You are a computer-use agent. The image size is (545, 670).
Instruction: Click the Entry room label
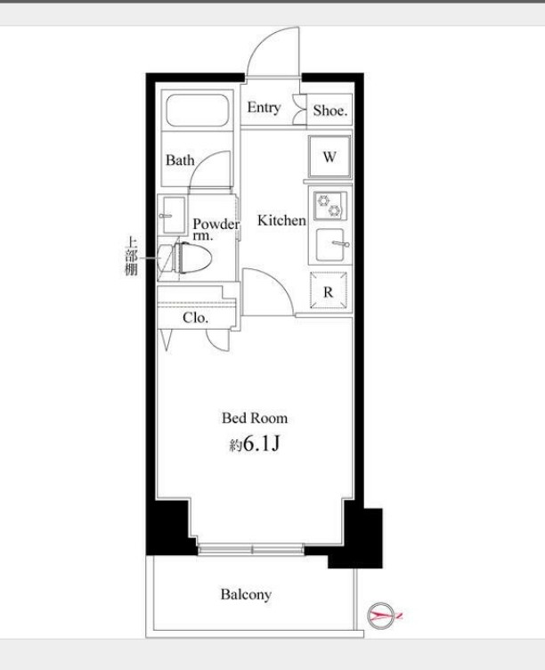[x=264, y=107]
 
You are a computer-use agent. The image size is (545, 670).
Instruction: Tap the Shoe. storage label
[x=330, y=110]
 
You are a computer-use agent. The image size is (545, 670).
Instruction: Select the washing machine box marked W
[x=329, y=156]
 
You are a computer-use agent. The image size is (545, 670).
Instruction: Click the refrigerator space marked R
[x=328, y=290]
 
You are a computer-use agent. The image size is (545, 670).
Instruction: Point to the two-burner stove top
[x=329, y=206]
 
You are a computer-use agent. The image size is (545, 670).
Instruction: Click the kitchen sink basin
[x=329, y=244]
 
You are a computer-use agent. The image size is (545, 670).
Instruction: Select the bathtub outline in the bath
[x=197, y=110]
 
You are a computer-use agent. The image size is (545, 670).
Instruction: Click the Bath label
[x=180, y=160]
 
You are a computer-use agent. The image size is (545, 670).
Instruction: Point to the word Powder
[x=216, y=224]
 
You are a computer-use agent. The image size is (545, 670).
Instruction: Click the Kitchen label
[x=281, y=220]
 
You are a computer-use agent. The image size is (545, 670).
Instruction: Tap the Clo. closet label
[x=195, y=317]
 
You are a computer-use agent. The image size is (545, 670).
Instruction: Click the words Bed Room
[x=255, y=418]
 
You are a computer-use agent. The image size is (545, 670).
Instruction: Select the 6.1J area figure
[x=261, y=445]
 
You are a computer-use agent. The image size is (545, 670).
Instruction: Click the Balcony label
[x=246, y=594]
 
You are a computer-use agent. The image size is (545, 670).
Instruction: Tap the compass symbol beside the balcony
[x=381, y=616]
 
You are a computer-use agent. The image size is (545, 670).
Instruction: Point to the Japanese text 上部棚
[x=132, y=256]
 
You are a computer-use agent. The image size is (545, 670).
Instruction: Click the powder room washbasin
[x=173, y=215]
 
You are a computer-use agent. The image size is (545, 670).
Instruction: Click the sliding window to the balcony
[x=251, y=549]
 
